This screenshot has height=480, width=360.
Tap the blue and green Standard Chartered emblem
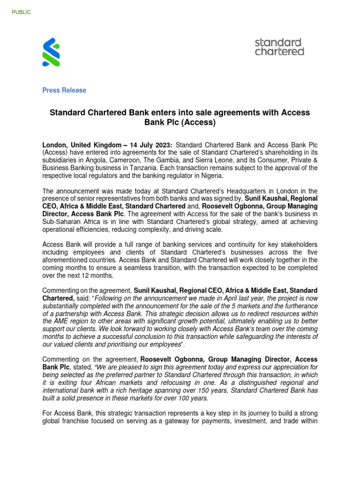coord(51,52)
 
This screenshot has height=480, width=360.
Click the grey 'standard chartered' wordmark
coord(279,47)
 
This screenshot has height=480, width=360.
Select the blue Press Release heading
coord(64,90)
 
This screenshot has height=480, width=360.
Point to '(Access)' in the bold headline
coord(199,123)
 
